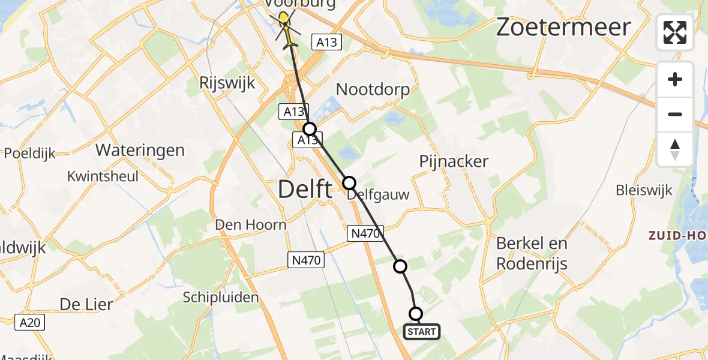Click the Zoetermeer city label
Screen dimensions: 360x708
pos(563,28)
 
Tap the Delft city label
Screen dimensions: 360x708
pos(305,190)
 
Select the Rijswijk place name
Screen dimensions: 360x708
pos(227,83)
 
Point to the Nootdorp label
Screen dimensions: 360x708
pos(373,90)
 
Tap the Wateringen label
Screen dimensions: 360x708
pos(140,150)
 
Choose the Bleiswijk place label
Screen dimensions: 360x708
pos(644,191)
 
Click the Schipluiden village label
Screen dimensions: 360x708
pos(221,297)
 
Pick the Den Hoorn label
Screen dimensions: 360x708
pos(251,225)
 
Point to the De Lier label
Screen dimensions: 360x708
pos(86,304)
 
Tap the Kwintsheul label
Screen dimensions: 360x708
pos(103,176)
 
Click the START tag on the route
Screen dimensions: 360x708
pos(422,331)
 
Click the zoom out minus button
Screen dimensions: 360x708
pos(675,114)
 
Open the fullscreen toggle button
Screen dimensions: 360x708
pos(675,32)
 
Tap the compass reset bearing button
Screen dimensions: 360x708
pos(675,149)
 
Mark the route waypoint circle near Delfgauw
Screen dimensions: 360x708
pos(349,182)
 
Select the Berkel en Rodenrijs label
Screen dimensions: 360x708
pos(532,253)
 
